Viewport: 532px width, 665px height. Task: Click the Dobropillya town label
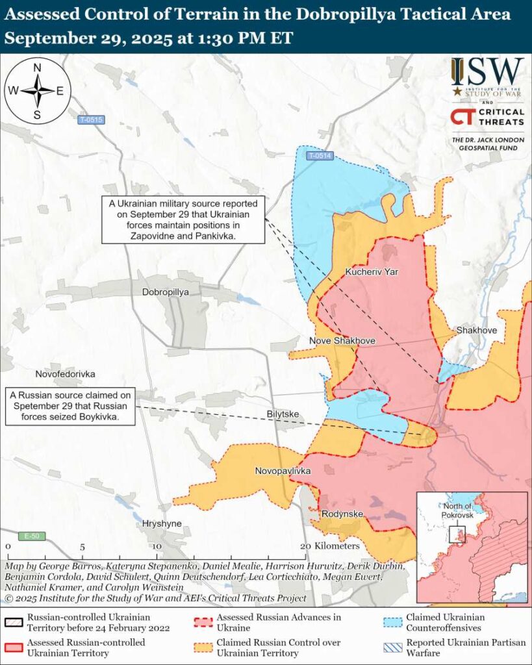[166, 292]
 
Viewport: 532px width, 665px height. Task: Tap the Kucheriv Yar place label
[372, 272]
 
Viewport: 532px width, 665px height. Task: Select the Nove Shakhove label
[342, 340]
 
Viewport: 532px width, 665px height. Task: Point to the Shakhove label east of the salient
[476, 331]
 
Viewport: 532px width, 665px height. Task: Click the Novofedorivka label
[65, 374]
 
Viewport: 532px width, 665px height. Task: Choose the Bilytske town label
[283, 414]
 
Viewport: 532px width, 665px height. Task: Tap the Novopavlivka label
[283, 471]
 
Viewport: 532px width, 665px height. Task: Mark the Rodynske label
[342, 514]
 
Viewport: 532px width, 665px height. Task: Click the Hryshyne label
[161, 523]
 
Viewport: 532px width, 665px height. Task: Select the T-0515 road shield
[91, 119]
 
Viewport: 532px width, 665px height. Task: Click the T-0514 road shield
[320, 156]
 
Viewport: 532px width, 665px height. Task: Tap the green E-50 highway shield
[32, 536]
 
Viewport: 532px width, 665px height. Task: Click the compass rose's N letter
[37, 68]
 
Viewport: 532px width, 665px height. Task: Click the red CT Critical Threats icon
[461, 117]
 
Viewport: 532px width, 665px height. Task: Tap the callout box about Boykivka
[71, 407]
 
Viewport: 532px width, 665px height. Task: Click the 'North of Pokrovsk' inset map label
[459, 510]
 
